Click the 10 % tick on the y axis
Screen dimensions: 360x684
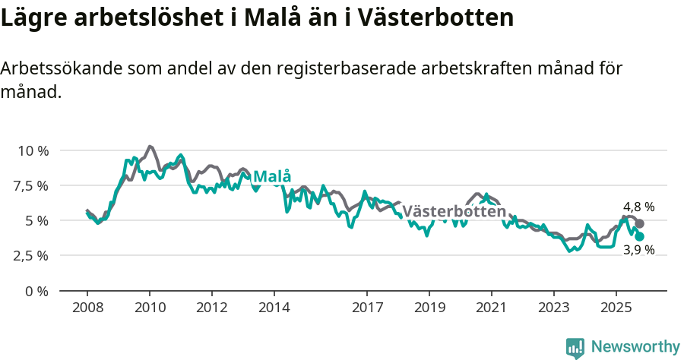coord(32,150)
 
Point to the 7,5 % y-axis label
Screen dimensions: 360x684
coord(32,185)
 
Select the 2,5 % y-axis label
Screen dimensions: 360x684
coord(32,256)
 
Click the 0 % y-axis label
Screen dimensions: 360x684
coord(37,291)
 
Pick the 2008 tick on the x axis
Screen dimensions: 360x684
coord(87,308)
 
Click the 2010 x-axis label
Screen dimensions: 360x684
coord(150,308)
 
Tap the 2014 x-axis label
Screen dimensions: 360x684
coord(274,308)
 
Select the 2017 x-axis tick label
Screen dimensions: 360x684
coord(367,308)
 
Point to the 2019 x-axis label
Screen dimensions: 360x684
coord(429,308)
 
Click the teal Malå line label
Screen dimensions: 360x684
coord(271,177)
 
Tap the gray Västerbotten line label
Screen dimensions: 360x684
coord(454,211)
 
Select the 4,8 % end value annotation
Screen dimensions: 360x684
coord(638,207)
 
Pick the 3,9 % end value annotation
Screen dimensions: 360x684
coord(638,249)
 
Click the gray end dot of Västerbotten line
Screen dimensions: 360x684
coord(640,223)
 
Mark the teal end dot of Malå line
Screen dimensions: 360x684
coord(640,236)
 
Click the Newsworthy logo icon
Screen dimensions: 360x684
coord(575,348)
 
